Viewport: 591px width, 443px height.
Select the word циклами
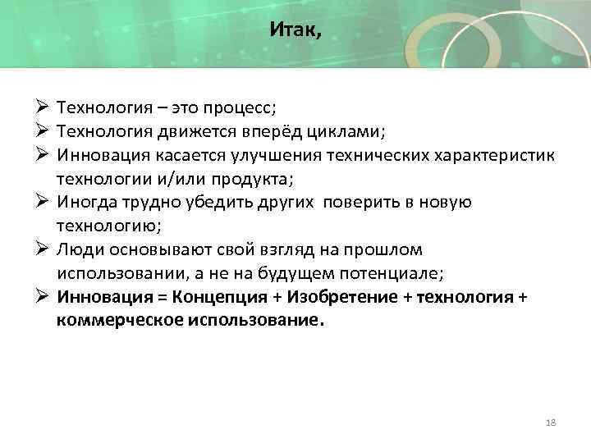[349, 132]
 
